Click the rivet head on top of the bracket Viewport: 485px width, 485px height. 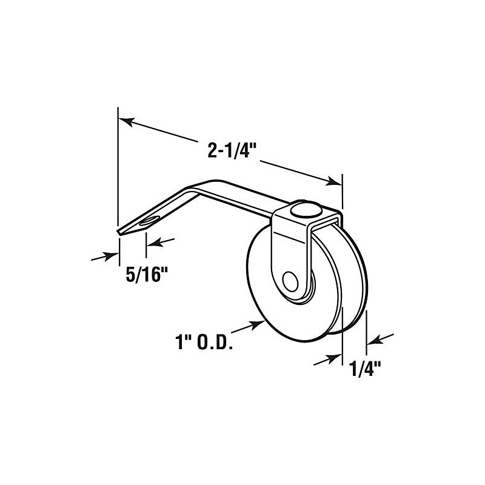pos(303,210)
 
